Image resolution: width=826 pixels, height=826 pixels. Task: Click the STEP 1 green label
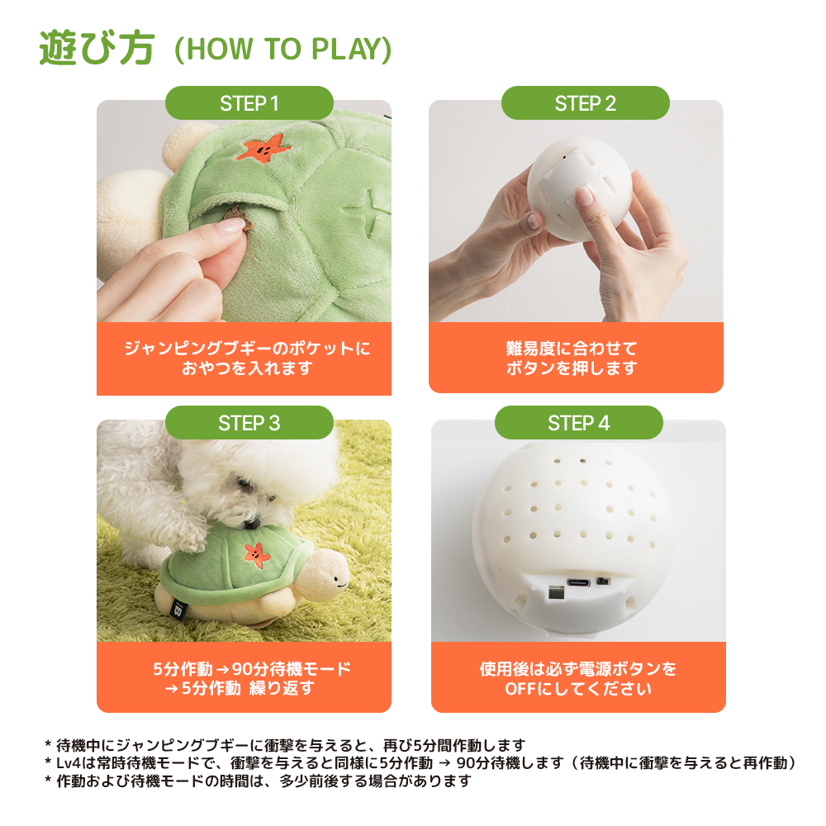(x=249, y=103)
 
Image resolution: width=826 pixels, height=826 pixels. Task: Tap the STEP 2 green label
(x=586, y=103)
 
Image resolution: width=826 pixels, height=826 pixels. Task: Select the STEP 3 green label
(x=249, y=422)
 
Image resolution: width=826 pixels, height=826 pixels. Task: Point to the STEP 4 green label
(x=578, y=422)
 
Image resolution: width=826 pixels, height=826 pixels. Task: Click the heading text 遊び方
(x=97, y=48)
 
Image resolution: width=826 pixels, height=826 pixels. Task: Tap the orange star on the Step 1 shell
(x=263, y=148)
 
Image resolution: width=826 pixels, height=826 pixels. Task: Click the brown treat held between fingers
(x=236, y=217)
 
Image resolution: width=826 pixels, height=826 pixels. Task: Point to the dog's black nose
(x=252, y=523)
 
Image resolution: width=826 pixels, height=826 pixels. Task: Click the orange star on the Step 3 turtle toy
(x=257, y=555)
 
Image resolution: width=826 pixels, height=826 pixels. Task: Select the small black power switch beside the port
(x=603, y=581)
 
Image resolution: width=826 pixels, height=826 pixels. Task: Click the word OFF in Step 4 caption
(x=519, y=689)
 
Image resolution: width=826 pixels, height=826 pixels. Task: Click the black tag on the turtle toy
(x=178, y=610)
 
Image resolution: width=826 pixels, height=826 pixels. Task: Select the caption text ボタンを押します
(x=572, y=368)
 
